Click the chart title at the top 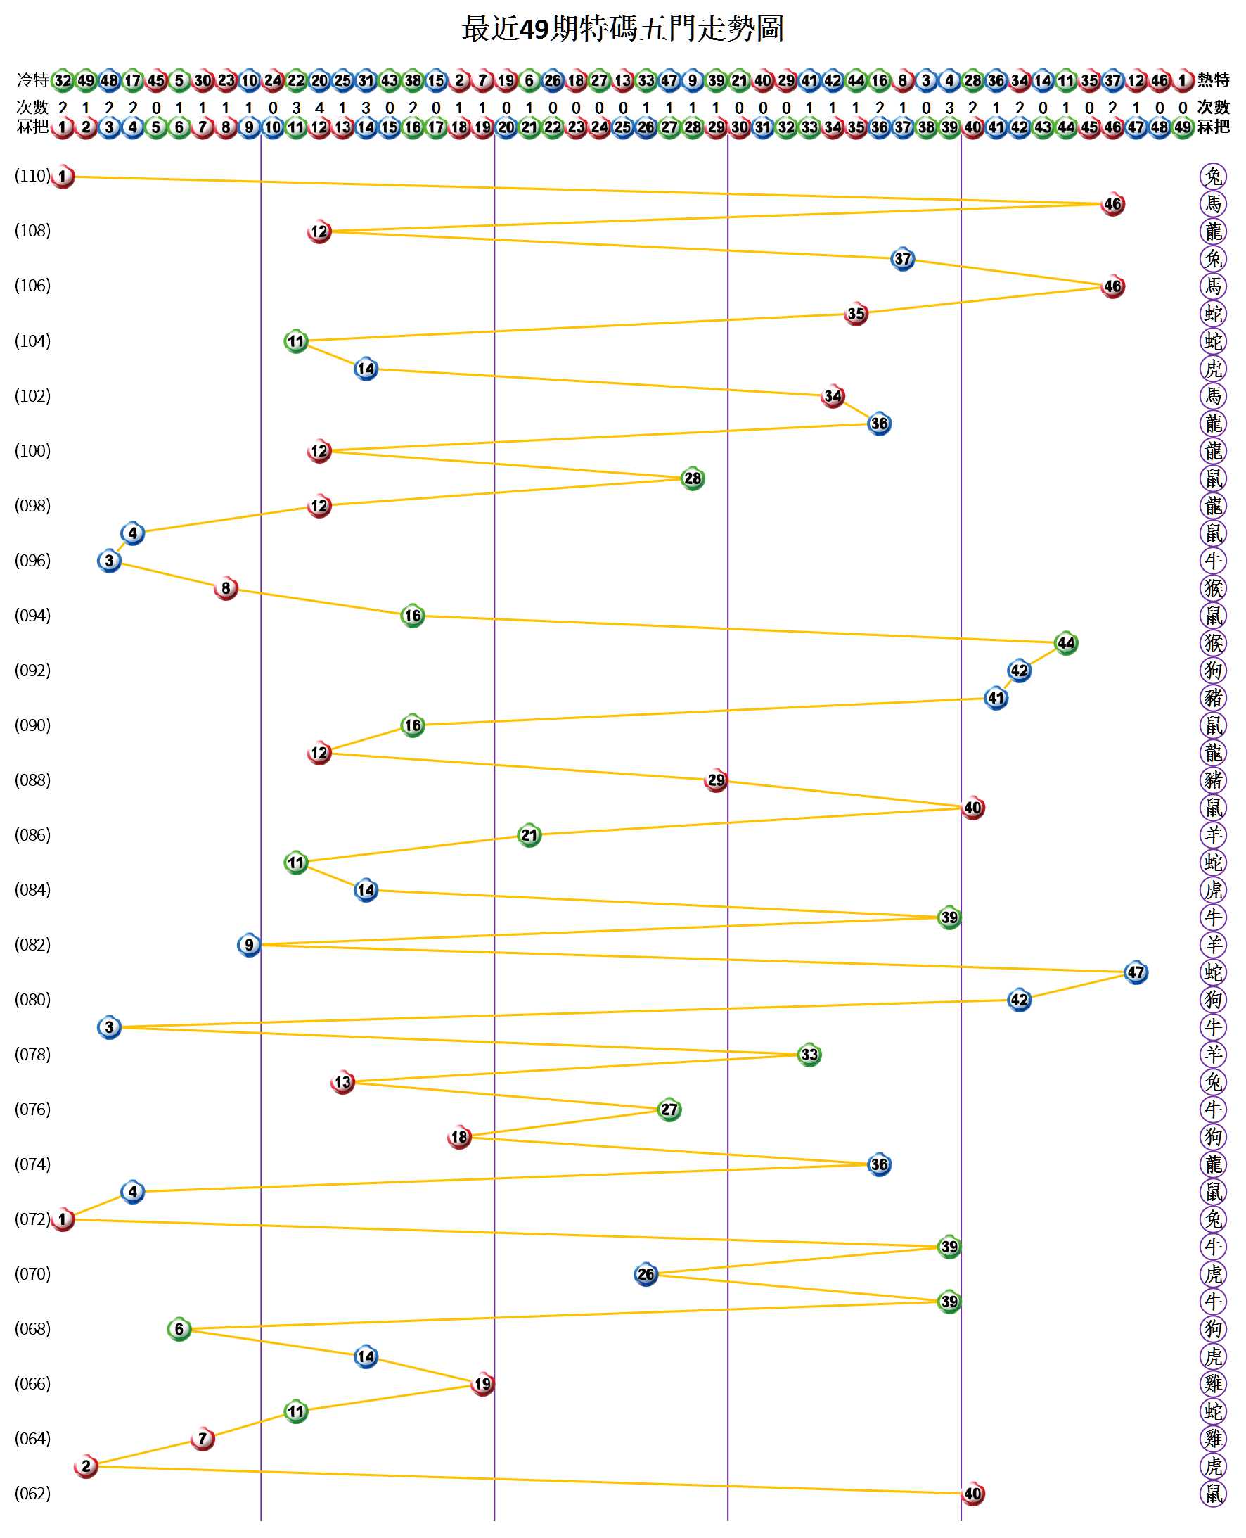coord(622,29)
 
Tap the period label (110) coord(32,176)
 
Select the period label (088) coord(32,780)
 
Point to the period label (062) coord(32,1494)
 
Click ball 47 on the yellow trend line coord(1136,972)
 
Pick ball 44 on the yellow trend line coord(1066,642)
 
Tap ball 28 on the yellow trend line coord(692,478)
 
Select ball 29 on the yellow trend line coord(716,780)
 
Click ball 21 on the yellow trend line coord(529,835)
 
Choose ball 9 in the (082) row coord(249,945)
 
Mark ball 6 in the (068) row coord(179,1329)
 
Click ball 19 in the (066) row coord(482,1384)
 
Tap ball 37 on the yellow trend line coord(902,258)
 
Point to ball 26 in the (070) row coord(646,1273)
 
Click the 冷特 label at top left coord(32,80)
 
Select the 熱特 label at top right coord(1213,80)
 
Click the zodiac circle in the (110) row coord(1213,176)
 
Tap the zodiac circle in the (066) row coord(1213,1384)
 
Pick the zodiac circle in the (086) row coord(1213,835)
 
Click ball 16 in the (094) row coord(413,616)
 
